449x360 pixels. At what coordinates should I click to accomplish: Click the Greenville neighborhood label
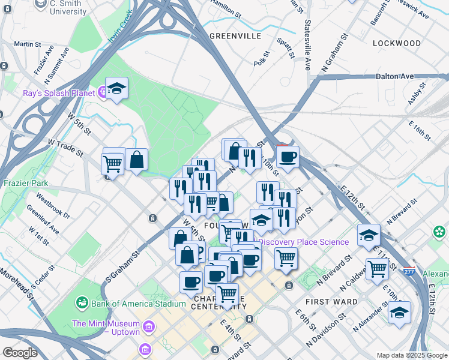click(x=235, y=36)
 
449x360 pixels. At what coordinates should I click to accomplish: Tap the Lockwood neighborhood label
click(x=396, y=43)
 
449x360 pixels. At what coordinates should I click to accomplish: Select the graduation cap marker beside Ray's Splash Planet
click(x=116, y=88)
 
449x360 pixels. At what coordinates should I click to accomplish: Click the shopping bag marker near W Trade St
click(x=137, y=160)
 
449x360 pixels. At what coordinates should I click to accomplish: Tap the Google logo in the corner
click(x=20, y=353)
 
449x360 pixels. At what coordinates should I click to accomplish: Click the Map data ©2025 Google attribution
click(x=412, y=355)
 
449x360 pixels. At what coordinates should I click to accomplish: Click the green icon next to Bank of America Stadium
click(x=82, y=304)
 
